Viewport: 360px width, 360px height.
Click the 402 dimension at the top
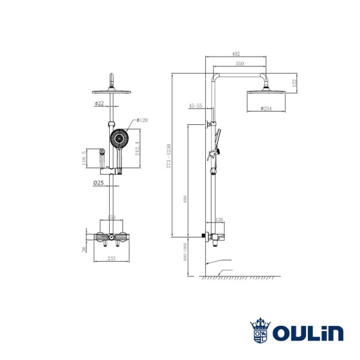click(x=236, y=55)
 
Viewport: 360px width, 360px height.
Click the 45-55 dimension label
click(x=196, y=106)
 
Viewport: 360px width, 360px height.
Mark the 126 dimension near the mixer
click(x=218, y=220)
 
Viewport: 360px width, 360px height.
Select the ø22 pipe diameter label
click(x=99, y=103)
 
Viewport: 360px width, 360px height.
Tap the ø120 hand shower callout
click(x=142, y=120)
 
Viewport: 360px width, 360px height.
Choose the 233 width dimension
click(x=111, y=259)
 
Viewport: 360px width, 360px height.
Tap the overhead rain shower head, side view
click(x=262, y=93)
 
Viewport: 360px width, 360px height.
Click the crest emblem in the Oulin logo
click(x=260, y=331)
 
